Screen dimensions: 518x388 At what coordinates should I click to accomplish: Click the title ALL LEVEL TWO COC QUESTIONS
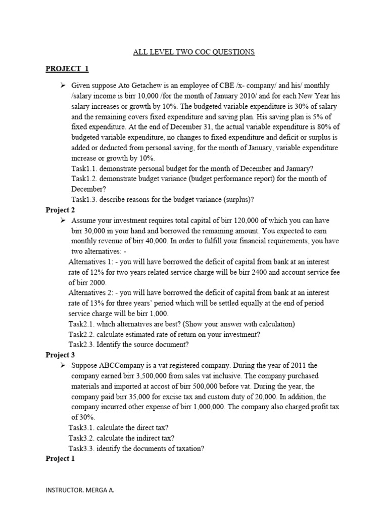194,52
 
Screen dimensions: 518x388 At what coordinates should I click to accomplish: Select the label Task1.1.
83,168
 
